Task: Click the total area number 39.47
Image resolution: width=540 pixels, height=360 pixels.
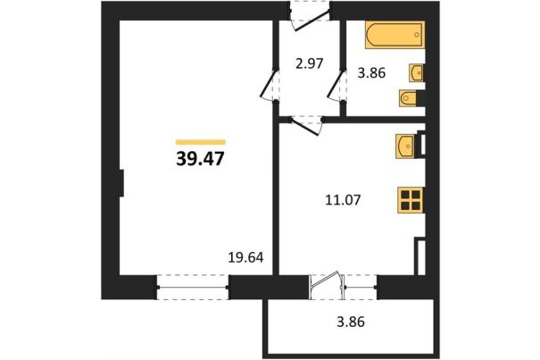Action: [x=200, y=159]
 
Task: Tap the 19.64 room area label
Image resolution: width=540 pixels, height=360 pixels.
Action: [x=245, y=257]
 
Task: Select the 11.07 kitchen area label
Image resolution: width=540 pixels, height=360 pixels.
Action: [x=343, y=200]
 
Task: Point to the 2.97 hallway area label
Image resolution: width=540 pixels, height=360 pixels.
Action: [x=309, y=63]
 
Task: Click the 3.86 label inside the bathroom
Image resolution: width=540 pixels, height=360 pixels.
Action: [x=371, y=73]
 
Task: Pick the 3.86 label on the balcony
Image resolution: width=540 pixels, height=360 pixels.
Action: [x=351, y=322]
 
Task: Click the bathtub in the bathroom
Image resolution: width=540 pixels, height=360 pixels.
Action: [x=395, y=35]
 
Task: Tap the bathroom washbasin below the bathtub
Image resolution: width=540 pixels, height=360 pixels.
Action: [x=416, y=72]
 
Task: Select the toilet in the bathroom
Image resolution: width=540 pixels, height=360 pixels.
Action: [x=408, y=98]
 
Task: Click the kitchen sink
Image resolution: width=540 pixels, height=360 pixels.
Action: [x=405, y=147]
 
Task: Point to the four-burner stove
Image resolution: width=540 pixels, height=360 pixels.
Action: [x=411, y=200]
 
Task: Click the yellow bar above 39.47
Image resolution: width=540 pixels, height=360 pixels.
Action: [x=201, y=142]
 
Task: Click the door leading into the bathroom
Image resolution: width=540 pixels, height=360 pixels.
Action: [x=336, y=85]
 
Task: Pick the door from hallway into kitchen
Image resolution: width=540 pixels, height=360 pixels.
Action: [x=306, y=126]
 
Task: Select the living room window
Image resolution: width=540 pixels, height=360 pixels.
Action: [x=193, y=287]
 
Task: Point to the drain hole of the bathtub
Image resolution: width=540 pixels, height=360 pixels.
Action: [x=417, y=35]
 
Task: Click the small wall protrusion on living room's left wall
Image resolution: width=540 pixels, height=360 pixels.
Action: [x=121, y=183]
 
